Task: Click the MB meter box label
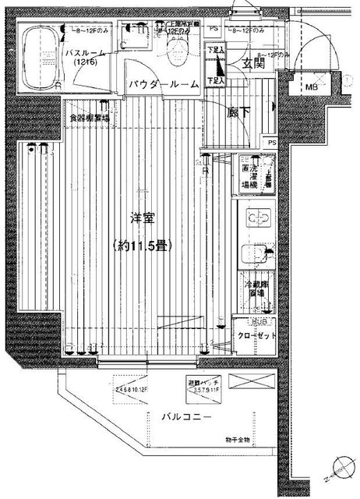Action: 309,86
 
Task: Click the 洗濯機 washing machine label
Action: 251,176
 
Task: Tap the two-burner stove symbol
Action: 257,218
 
